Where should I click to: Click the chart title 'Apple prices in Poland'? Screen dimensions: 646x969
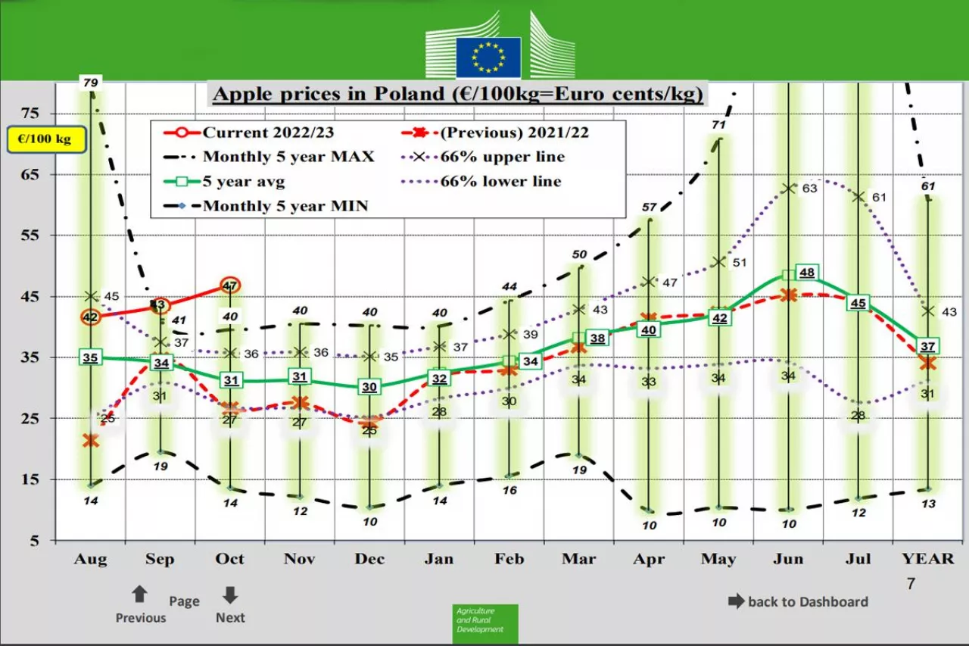click(458, 94)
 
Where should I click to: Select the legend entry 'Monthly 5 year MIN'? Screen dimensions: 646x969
click(285, 205)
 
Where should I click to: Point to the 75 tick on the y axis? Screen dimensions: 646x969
click(30, 114)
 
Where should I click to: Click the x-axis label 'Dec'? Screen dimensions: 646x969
click(369, 559)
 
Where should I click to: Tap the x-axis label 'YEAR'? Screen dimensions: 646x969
click(927, 559)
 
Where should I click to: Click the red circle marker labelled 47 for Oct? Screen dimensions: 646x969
click(230, 286)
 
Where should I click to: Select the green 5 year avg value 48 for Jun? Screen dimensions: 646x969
click(807, 273)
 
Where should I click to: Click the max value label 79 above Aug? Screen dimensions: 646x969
click(91, 82)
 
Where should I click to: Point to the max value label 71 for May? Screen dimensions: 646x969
click(718, 125)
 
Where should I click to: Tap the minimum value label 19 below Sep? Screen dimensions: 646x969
click(160, 467)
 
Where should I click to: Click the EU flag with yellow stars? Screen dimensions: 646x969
click(488, 58)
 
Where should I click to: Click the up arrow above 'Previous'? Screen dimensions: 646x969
click(139, 595)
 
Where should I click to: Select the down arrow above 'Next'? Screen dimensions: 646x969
click(230, 595)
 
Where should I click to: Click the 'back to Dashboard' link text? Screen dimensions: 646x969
click(807, 602)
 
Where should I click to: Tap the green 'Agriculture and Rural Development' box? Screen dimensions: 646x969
click(485, 623)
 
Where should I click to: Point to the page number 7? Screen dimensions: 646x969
click(911, 584)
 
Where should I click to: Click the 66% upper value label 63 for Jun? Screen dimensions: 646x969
click(809, 189)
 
